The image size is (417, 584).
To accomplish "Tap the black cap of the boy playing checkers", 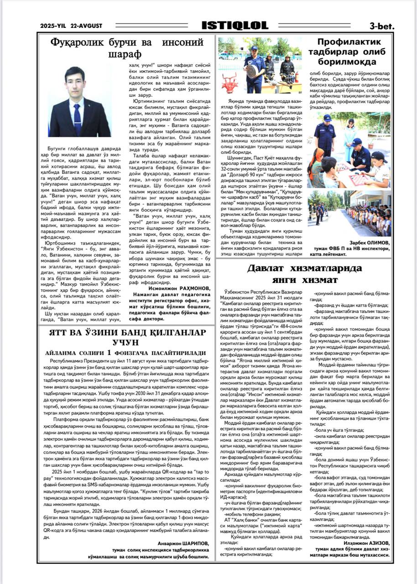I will [x=379, y=156].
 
